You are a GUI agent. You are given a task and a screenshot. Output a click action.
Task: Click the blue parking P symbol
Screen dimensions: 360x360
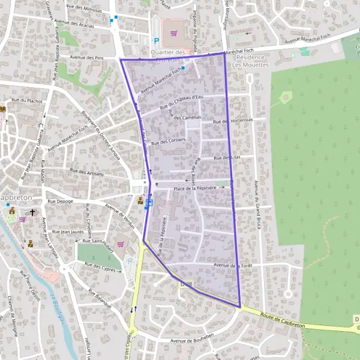157,41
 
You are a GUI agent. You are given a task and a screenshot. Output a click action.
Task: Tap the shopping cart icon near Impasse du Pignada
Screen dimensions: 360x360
175,33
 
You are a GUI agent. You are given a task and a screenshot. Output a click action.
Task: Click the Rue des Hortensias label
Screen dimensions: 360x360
233,121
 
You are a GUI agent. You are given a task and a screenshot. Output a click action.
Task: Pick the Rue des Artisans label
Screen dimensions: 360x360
87,172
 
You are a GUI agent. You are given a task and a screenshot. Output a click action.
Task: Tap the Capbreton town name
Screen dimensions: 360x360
11,198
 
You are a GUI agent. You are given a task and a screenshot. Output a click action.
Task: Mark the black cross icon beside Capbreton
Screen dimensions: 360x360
32,212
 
